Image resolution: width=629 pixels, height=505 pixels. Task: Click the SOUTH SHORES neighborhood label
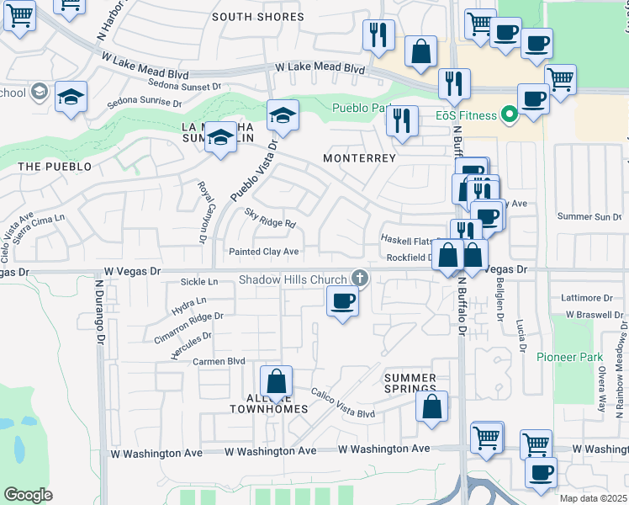tap(257, 17)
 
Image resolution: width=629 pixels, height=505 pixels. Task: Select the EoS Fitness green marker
tap(508, 113)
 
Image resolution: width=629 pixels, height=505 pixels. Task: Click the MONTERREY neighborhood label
tap(359, 157)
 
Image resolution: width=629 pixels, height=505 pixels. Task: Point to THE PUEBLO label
tap(55, 167)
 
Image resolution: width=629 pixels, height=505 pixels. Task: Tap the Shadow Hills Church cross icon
tap(360, 279)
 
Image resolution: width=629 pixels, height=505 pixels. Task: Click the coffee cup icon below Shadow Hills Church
tap(341, 301)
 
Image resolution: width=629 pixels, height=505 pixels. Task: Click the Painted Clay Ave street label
tap(264, 252)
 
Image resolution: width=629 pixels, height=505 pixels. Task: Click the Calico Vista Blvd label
tap(342, 402)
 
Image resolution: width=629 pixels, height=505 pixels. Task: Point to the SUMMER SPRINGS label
tap(410, 385)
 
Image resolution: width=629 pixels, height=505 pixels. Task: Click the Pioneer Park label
tap(570, 357)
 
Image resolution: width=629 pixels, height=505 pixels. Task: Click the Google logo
tap(28, 495)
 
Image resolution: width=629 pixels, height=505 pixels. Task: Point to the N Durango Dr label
tap(98, 318)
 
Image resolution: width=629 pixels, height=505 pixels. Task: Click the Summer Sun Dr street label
tap(589, 217)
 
